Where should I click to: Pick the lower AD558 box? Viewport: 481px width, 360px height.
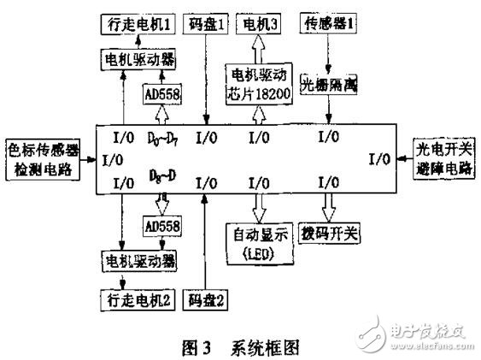pos(160,229)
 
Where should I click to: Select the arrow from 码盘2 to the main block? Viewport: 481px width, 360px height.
pos(205,239)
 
